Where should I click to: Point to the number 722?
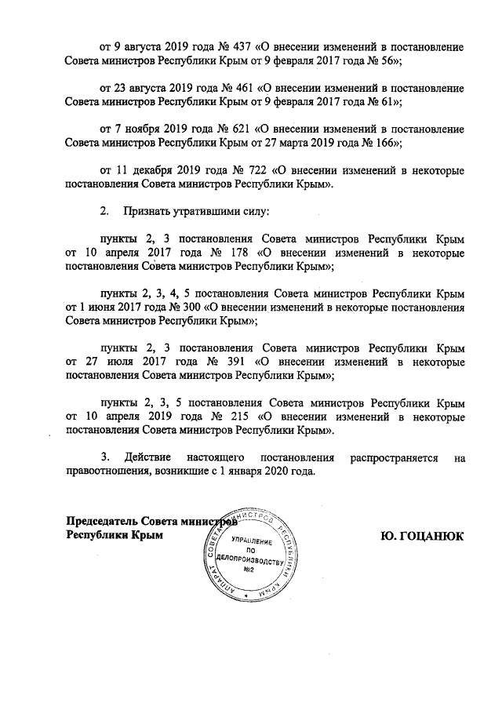pyautogui.click(x=250, y=170)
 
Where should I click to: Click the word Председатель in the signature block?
pyautogui.click(x=99, y=520)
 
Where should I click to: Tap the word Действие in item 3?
pyautogui.click(x=148, y=457)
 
